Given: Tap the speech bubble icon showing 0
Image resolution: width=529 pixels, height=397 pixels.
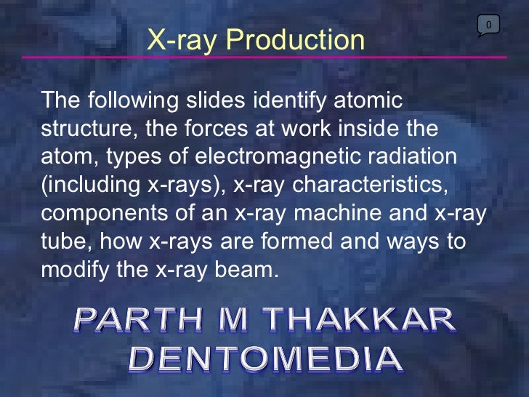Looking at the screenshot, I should (x=488, y=26).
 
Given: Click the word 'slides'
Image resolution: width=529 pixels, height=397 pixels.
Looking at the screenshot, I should (x=219, y=100).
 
